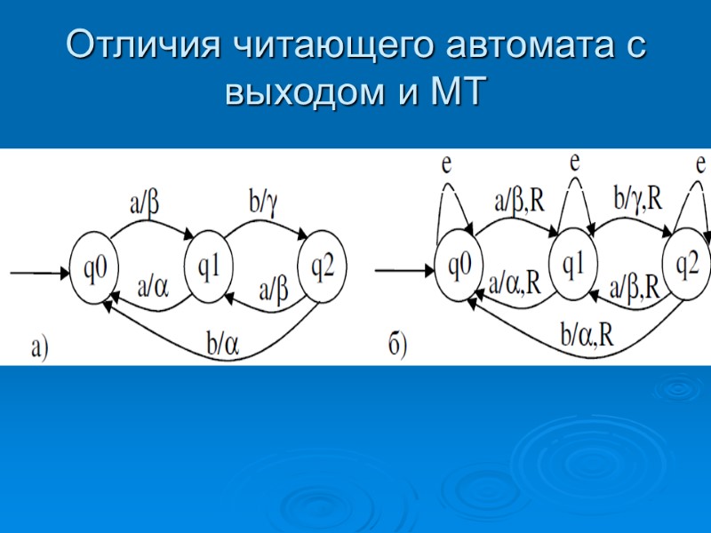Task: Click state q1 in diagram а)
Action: coord(209,264)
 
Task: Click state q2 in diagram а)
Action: coord(323,265)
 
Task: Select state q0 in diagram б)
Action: coord(459,265)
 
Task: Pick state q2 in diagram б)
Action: coord(688,265)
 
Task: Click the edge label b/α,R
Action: coord(587,332)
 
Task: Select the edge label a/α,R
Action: coord(515,282)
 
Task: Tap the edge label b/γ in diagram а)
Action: coord(264,203)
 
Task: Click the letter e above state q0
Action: coord(446,163)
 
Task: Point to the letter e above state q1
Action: coord(575,161)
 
